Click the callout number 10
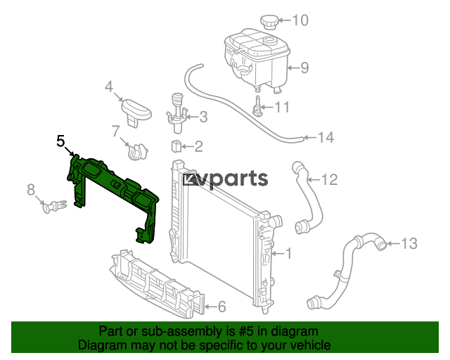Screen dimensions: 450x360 coord(300,20)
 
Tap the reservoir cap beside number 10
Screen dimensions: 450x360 coord(269,22)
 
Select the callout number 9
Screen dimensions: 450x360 coord(304,68)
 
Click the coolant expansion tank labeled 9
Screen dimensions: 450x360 coord(256,60)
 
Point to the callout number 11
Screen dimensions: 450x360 coord(283,107)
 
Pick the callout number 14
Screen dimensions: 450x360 coord(326,138)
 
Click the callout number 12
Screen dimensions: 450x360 coord(330,180)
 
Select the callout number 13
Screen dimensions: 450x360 coord(409,244)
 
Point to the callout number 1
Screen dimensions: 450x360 coord(288,254)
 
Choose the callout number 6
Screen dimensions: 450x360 coord(222,307)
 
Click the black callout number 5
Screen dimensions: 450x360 coord(60,141)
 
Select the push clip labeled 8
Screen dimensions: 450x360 coord(55,206)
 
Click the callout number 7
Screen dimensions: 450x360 coord(115,131)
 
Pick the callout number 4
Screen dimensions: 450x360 coord(109,86)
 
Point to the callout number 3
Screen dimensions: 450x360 coord(203,117)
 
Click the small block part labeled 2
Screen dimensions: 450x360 coord(176,146)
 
